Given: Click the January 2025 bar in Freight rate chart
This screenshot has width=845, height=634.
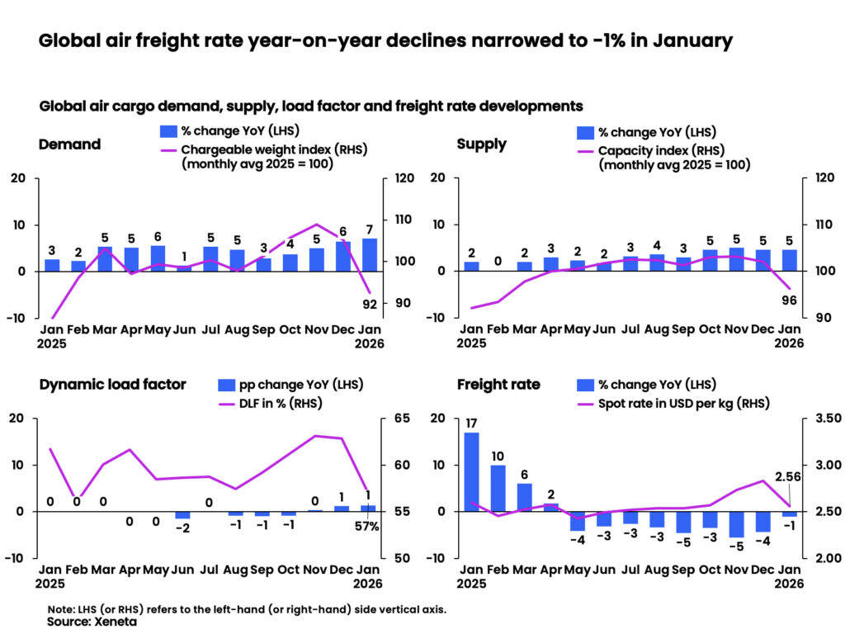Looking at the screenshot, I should point(471,471).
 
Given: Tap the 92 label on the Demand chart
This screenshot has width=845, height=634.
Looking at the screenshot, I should point(370,304).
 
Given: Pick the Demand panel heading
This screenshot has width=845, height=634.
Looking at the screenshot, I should point(69,144).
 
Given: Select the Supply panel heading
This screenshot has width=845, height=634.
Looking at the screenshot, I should point(482,144).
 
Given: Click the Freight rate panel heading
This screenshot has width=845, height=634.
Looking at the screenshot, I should point(498,384).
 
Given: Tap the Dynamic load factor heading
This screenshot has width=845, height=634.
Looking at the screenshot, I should point(112,384).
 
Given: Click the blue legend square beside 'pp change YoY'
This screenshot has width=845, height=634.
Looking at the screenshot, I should point(226,385).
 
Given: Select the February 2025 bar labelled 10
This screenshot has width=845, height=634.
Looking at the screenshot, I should point(498,488).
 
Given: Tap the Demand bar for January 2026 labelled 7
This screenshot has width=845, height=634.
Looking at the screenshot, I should point(370,254).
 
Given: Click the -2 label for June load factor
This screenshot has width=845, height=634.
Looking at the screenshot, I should point(183,528).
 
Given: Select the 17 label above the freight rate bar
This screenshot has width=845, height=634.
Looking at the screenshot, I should point(471,423).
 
